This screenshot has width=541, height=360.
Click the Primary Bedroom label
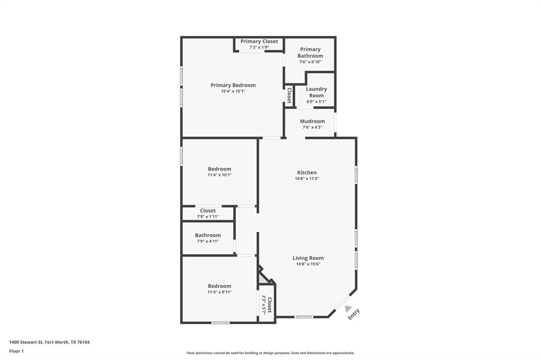pos(233,85)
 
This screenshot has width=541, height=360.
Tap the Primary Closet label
pos(259,41)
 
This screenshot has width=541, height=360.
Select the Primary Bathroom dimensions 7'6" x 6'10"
pos(310,62)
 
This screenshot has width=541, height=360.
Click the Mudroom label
pos(312,121)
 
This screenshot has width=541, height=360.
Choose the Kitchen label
pos(307,173)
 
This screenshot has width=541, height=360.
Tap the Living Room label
pos(308,258)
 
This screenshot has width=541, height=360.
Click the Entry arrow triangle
pos(348,308)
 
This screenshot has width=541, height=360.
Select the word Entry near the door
pos(354,315)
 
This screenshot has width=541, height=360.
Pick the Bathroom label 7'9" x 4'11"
pos(208,235)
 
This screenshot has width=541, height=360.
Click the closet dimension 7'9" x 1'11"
pos(208,216)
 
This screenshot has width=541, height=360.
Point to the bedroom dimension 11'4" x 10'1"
pos(219,175)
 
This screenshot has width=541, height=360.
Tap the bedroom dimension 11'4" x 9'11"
pos(219,292)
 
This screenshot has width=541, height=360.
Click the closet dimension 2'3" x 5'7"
pos(264,305)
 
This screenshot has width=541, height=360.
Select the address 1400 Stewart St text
pos(49,342)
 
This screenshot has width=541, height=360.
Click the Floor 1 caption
pos(17,351)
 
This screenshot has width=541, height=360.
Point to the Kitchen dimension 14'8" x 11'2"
pos(307,178)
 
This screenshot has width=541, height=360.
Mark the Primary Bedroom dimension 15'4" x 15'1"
pos(233,91)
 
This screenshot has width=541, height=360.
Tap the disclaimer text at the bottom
pos(270,353)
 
